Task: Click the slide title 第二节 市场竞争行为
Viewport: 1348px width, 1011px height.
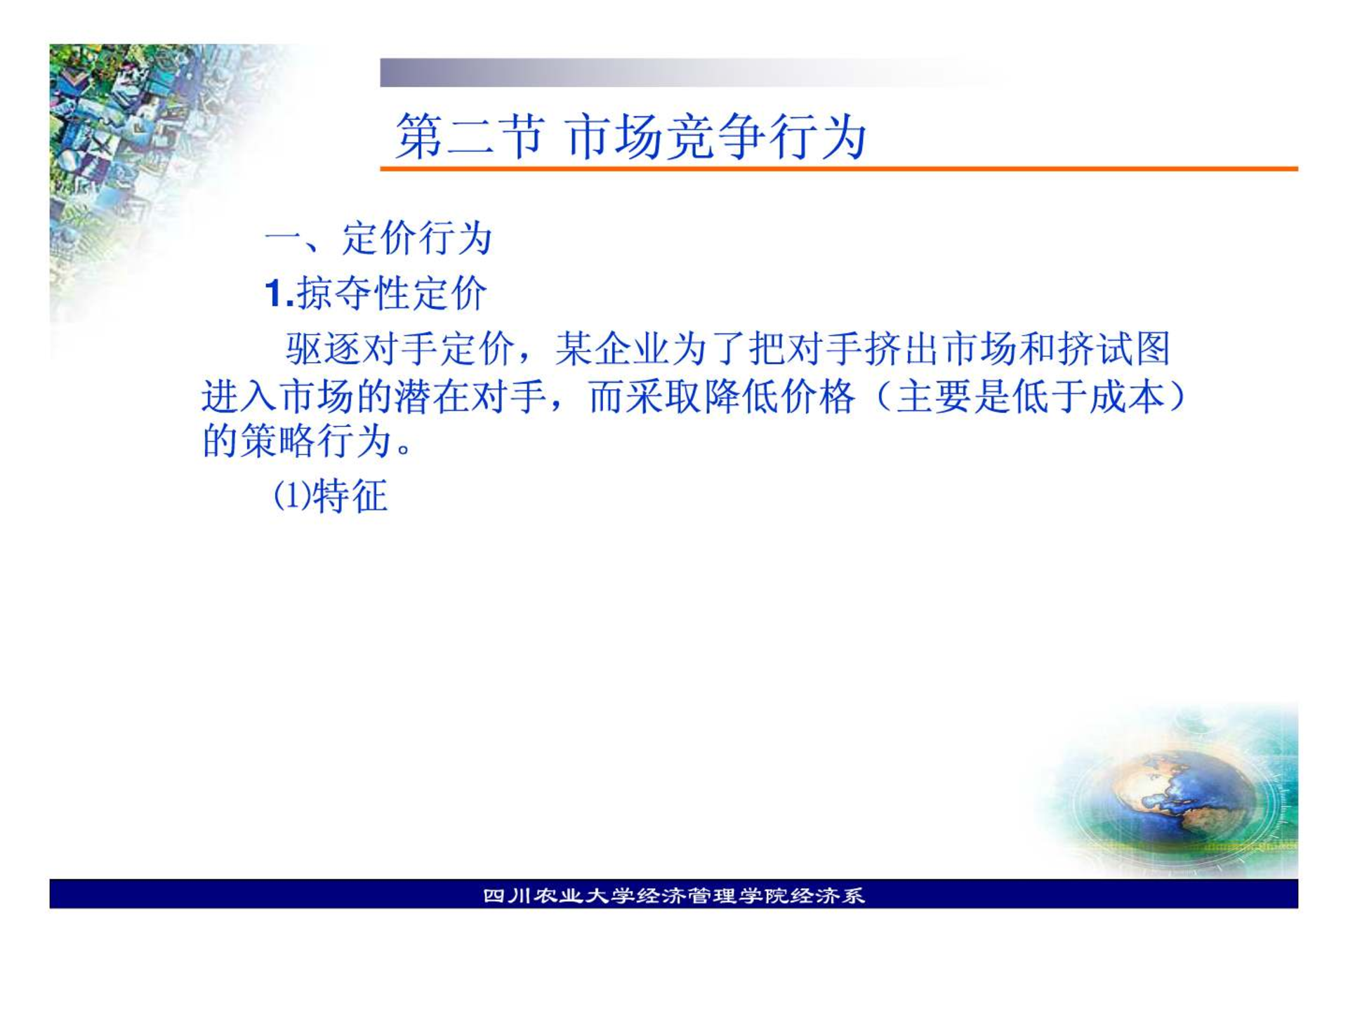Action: (630, 136)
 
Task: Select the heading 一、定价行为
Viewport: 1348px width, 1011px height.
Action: (378, 238)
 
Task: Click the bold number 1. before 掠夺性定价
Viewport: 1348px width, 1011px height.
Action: (279, 293)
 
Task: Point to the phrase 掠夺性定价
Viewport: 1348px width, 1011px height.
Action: (391, 293)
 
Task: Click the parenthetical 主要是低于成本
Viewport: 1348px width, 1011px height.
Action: (1030, 396)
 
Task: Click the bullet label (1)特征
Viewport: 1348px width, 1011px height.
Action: (330, 496)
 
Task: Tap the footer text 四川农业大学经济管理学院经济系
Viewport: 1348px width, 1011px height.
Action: (674, 896)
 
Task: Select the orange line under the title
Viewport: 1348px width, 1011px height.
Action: (839, 168)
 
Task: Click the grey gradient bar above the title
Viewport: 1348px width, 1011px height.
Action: (695, 72)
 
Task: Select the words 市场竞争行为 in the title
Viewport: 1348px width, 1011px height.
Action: (715, 136)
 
